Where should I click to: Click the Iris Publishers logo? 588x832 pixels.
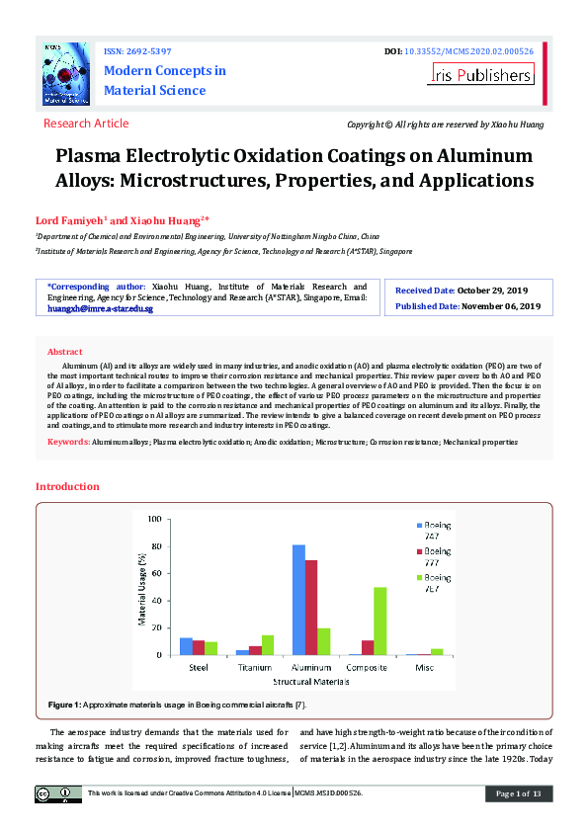pyautogui.click(x=481, y=74)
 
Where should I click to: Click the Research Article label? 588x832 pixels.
pyautogui.click(x=86, y=124)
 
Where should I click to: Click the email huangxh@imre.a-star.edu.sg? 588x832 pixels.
pyautogui.click(x=100, y=309)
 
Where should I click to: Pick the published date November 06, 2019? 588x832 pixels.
pyautogui.click(x=501, y=306)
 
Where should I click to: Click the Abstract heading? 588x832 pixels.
pyautogui.click(x=65, y=352)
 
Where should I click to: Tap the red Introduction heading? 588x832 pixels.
pyautogui.click(x=67, y=486)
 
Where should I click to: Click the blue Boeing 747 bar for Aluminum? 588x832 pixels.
pyautogui.click(x=298, y=600)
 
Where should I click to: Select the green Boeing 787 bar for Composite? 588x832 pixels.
pyautogui.click(x=379, y=621)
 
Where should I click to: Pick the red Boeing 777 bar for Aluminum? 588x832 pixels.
pyautogui.click(x=311, y=607)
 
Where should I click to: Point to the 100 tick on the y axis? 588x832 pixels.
pyautogui.click(x=153, y=519)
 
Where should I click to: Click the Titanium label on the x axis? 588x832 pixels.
pyautogui.click(x=254, y=668)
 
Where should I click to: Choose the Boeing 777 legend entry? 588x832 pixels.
pyautogui.click(x=437, y=556)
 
